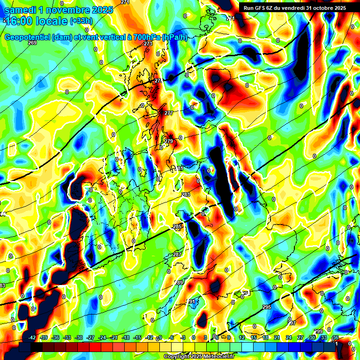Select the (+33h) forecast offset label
click(x=81, y=21)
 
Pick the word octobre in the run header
click(x=319, y=8)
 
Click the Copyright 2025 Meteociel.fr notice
click(x=198, y=357)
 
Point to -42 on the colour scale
click(x=32, y=337)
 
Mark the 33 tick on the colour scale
click(x=323, y=337)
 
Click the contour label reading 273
click(x=148, y=44)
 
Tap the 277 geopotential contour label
click(x=169, y=113)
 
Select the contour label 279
click(x=169, y=141)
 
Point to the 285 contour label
click(x=177, y=227)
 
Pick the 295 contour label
click(x=267, y=307)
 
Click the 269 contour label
click(x=32, y=43)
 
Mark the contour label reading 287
click(x=177, y=255)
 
